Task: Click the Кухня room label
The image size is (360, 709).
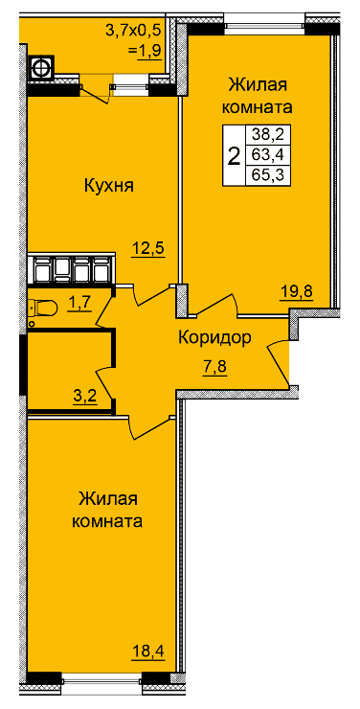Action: coord(109,186)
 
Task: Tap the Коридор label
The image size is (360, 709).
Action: coord(214,337)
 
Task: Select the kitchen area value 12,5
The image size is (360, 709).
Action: coord(148,248)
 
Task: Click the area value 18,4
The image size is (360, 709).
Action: coord(147,652)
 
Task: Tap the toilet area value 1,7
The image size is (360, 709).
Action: coord(80,304)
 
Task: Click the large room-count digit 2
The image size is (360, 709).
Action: coord(234,156)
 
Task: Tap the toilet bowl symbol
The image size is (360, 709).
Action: coord(42,309)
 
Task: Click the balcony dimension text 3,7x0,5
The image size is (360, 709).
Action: coord(133,31)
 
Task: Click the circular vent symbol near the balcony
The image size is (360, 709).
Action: coord(41,68)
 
